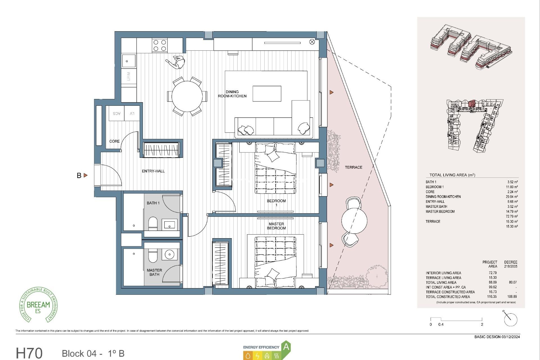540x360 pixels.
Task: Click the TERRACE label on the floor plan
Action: [x=354, y=167]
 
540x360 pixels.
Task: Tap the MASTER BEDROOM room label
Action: [x=276, y=226]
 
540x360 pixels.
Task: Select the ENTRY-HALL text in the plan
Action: [x=153, y=171]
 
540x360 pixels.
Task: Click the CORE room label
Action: [x=114, y=141]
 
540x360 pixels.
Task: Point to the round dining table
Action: [x=187, y=96]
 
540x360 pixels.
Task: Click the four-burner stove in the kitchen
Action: [x=159, y=46]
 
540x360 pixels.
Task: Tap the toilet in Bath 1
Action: [x=153, y=224]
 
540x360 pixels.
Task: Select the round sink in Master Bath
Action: [x=169, y=255]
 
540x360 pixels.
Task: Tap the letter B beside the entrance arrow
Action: [x=79, y=175]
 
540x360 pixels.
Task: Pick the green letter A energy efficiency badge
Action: [x=286, y=347]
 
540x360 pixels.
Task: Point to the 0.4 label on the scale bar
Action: [x=441, y=325]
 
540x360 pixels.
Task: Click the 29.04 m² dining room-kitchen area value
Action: [x=512, y=197]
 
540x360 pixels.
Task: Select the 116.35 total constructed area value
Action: [x=492, y=296]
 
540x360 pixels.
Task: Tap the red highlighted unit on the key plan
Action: [x=472, y=103]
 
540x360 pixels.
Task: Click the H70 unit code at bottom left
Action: [x=29, y=353]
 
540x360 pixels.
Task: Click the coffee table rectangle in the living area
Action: [x=267, y=94]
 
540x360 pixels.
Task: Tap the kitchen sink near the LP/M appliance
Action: [x=128, y=61]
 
